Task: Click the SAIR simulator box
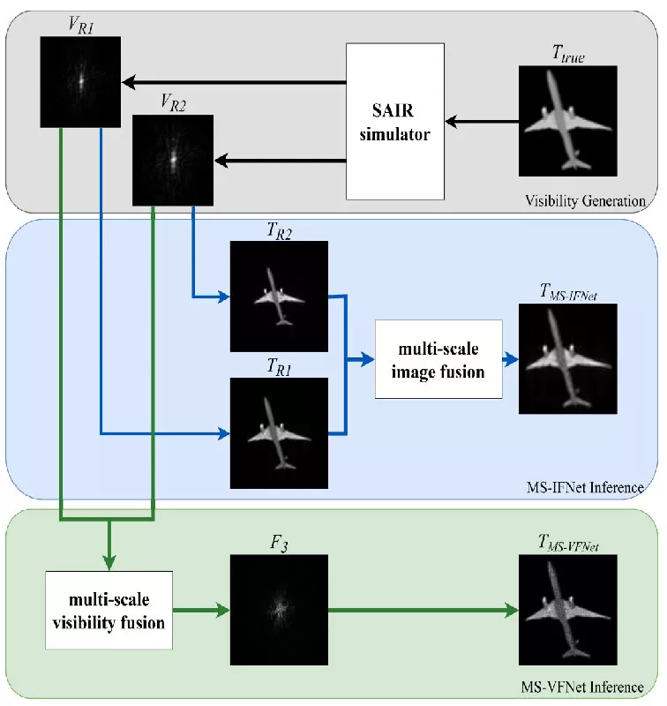click(x=394, y=122)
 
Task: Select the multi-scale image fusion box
click(x=438, y=360)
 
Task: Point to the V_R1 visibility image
click(x=80, y=80)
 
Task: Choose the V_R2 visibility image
click(x=173, y=159)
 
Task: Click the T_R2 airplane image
click(x=278, y=297)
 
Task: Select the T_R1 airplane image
click(x=278, y=432)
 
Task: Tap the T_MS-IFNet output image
click(x=567, y=360)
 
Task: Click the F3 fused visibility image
click(x=278, y=610)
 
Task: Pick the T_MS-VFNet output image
click(x=567, y=610)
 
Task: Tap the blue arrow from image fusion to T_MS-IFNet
click(x=510, y=360)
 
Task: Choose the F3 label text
click(x=278, y=540)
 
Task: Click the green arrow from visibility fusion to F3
click(x=201, y=610)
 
